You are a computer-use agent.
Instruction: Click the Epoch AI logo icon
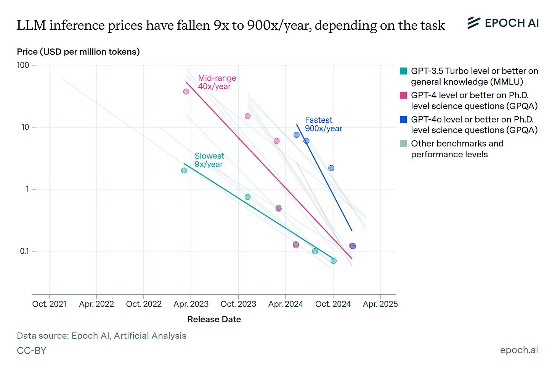pos(473,23)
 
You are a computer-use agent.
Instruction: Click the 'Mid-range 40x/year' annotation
pos(217,82)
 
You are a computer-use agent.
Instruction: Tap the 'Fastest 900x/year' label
pos(323,124)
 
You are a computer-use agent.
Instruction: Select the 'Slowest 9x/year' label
pos(209,160)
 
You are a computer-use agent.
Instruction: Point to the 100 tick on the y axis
pos(23,65)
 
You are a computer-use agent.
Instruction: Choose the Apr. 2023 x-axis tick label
pos(191,304)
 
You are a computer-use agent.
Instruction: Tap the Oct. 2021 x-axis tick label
pos(49,304)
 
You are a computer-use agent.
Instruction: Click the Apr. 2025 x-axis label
pos(380,304)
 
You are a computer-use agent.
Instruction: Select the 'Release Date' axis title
pos(214,319)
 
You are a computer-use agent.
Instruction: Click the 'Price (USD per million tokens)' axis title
pos(78,52)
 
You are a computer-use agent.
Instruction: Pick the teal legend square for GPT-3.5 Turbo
pos(403,71)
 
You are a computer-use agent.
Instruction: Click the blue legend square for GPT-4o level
pos(403,120)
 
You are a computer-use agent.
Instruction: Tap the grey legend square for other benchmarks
pos(403,144)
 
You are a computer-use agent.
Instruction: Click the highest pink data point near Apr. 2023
pos(186,91)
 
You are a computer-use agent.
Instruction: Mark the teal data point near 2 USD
pos(184,170)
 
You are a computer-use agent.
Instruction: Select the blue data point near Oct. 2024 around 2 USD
pos(331,168)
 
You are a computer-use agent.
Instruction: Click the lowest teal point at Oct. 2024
pos(334,261)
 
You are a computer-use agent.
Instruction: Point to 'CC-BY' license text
pos(31,350)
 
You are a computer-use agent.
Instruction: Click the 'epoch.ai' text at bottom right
pos(519,350)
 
